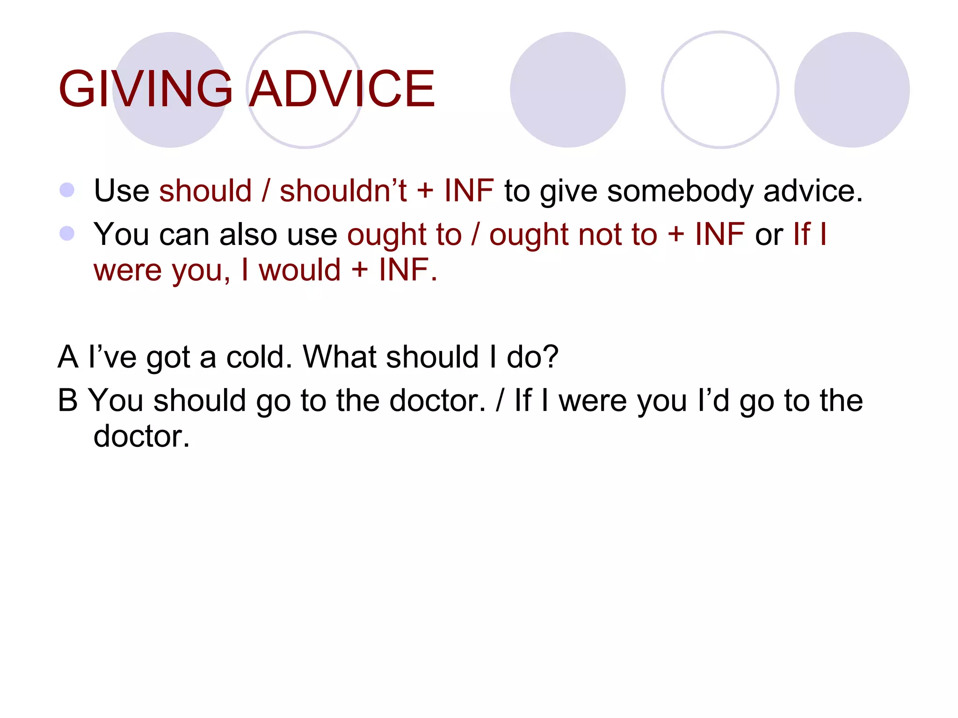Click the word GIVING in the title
(145, 89)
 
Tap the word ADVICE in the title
(342, 89)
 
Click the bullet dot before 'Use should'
(67, 190)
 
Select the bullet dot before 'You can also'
(67, 233)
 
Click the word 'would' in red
(300, 270)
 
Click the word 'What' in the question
(340, 357)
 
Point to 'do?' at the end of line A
(533, 357)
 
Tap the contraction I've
(113, 357)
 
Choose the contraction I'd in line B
(713, 401)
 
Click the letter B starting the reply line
(68, 401)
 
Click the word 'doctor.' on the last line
(142, 437)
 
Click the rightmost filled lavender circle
(852, 90)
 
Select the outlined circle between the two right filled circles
(720, 90)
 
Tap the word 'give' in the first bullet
(568, 192)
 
